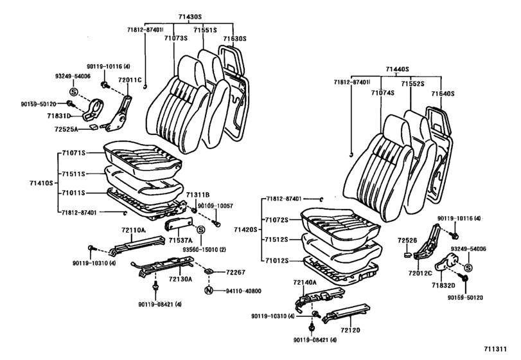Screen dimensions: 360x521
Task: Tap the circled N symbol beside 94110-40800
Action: click(208, 291)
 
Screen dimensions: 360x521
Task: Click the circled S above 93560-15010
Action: click(200, 230)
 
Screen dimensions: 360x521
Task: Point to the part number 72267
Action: click(236, 273)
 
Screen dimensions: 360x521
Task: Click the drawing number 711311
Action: click(498, 349)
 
